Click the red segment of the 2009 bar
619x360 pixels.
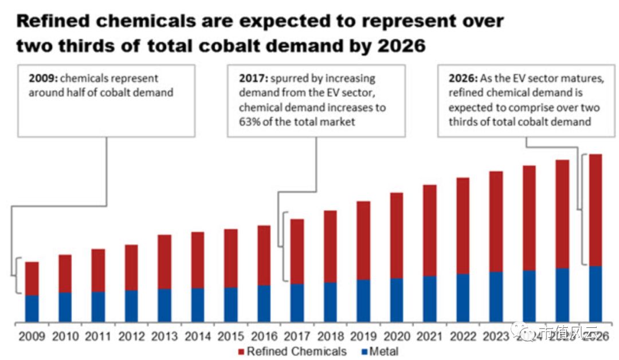32,279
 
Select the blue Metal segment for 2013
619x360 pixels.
164,305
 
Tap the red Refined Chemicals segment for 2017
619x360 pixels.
297,251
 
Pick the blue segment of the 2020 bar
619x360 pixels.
396,300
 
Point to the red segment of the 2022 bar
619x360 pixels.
463,225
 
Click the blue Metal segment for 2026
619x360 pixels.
596,294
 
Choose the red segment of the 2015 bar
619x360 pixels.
231,258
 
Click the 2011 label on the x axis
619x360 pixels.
98,336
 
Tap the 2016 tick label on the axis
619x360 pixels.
264,336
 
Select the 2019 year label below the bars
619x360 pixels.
363,336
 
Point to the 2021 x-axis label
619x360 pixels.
429,336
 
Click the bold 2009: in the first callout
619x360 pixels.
40,79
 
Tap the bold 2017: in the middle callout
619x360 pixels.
250,79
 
